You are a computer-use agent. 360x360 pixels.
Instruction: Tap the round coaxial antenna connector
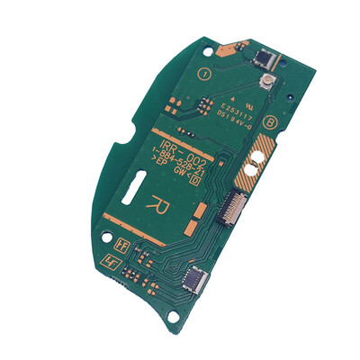point(267,85)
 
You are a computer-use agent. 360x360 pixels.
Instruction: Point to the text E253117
point(236,103)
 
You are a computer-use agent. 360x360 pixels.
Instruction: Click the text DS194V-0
point(233,114)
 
